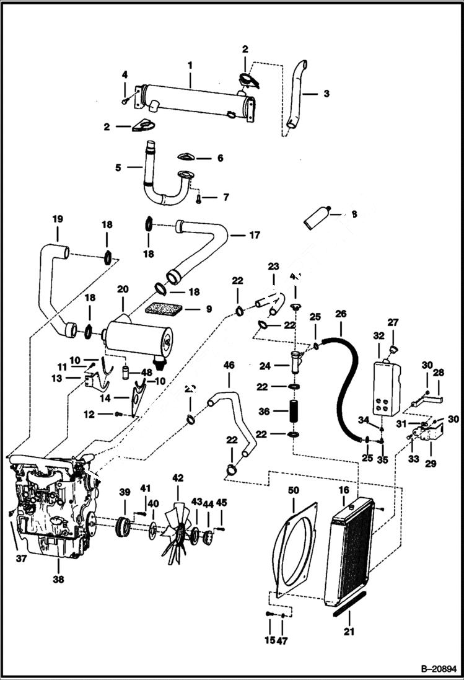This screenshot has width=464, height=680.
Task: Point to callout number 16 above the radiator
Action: [343, 490]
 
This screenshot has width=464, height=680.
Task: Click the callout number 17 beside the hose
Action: [254, 235]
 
